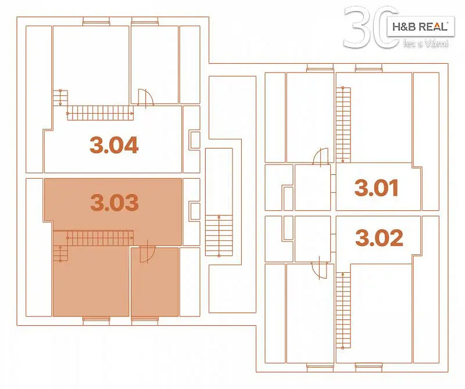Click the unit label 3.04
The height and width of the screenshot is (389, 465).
tap(114, 145)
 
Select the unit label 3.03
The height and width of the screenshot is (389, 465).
tap(115, 203)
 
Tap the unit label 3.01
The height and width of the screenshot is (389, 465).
tap(376, 188)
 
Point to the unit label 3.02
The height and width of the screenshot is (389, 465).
tap(380, 237)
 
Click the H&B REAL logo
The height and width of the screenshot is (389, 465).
tap(420, 27)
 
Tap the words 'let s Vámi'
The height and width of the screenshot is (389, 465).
tap(426, 44)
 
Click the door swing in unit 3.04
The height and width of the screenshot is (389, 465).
tap(146, 97)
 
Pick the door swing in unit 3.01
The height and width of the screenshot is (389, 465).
tap(321, 156)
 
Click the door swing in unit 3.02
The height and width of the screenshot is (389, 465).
tap(319, 268)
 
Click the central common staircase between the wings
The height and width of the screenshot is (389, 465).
tap(219, 236)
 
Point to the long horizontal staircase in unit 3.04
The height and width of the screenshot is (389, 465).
tap(100, 113)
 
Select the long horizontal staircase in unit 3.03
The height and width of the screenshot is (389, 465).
tap(100, 238)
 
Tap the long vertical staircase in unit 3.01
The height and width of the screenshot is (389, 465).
tap(343, 125)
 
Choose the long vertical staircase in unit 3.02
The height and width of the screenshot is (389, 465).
tap(343, 311)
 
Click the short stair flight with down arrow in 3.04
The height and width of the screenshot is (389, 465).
tap(60, 98)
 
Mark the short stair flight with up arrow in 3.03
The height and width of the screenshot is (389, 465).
tap(60, 254)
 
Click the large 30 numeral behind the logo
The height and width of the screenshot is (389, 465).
tap(371, 27)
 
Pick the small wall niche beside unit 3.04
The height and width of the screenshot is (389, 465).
tap(195, 140)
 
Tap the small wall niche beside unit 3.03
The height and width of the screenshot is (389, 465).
tap(195, 211)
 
